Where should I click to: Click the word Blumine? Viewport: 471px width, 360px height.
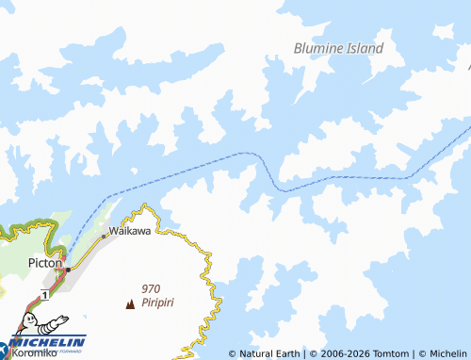coord(322,47)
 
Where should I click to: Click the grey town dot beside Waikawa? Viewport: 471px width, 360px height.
coord(104,236)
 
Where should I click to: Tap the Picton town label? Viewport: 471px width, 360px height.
coord(44,264)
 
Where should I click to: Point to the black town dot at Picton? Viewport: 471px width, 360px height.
coord(67,270)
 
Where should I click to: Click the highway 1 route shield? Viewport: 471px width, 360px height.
coord(44,295)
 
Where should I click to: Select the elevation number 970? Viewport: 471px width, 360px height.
coord(151,289)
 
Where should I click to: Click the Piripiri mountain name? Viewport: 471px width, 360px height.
coord(159,303)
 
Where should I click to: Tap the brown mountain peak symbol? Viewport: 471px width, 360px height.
coord(129,303)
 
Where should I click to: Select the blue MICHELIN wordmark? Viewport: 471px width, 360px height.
coord(52,341)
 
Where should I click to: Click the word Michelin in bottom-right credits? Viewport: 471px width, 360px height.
coord(447,353)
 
